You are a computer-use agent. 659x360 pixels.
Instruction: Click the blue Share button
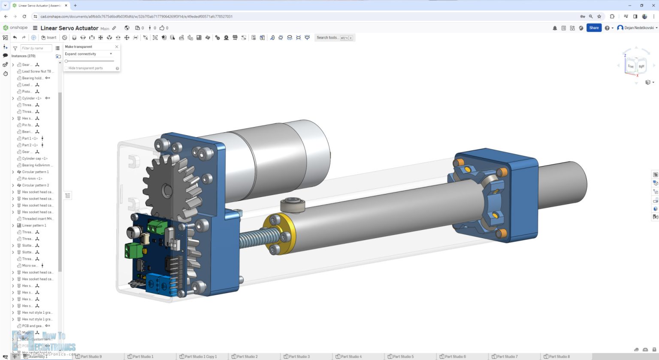click(594, 28)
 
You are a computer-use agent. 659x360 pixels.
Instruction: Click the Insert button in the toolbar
click(49, 38)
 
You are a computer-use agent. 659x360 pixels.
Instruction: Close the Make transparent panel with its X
click(116, 47)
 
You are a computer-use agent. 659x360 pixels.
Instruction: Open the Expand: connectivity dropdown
click(89, 54)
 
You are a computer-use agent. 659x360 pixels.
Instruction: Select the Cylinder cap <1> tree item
click(35, 159)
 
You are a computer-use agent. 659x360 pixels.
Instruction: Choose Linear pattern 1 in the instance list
click(34, 226)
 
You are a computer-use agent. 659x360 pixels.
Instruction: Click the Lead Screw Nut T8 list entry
click(36, 72)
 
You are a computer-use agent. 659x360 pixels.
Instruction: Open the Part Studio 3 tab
click(299, 357)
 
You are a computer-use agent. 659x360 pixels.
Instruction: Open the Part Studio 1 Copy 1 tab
click(200, 357)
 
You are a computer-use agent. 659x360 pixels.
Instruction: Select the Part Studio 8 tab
click(559, 357)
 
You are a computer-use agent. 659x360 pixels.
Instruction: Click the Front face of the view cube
click(630, 66)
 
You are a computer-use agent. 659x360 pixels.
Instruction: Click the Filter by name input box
click(36, 48)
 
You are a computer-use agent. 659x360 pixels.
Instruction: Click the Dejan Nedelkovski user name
click(639, 28)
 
